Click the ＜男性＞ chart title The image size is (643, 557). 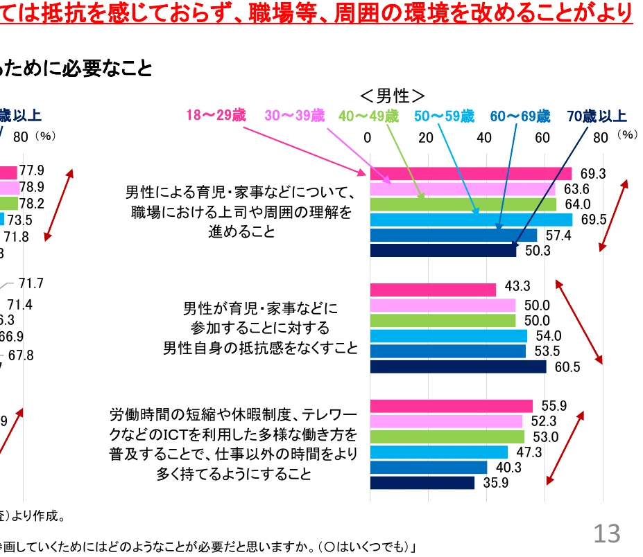(x=392, y=95)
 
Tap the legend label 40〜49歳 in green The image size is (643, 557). (x=370, y=116)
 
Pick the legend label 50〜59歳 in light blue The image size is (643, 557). (x=445, y=116)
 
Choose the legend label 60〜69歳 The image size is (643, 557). (x=520, y=116)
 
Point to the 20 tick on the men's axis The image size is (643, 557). (x=426, y=137)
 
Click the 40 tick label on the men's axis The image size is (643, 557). (x=484, y=137)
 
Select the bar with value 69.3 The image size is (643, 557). (x=471, y=173)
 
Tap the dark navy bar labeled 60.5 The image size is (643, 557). (x=458, y=366)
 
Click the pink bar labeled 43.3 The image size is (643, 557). (x=433, y=290)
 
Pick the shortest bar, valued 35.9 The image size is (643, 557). (x=422, y=483)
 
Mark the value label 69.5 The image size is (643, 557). (x=592, y=220)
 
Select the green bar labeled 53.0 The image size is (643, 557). (x=447, y=436)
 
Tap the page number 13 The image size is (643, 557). (x=606, y=533)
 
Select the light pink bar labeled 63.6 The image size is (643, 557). (x=463, y=188)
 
